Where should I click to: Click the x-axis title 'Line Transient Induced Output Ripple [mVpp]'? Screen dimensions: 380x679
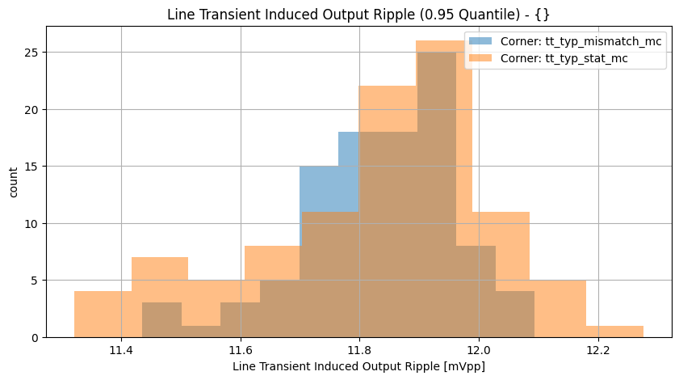coord(358,366)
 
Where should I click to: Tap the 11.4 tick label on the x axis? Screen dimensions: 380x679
coord(121,350)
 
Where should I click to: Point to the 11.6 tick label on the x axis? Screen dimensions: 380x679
coord(241,350)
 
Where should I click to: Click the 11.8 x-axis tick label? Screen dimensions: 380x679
coord(360,350)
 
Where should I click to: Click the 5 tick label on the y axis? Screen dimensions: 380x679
coord(33,281)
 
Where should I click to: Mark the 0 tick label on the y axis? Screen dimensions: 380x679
coord(33,337)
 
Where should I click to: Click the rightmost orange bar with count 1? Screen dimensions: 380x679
coord(614,331)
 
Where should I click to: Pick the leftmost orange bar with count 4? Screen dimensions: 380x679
coord(103,315)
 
